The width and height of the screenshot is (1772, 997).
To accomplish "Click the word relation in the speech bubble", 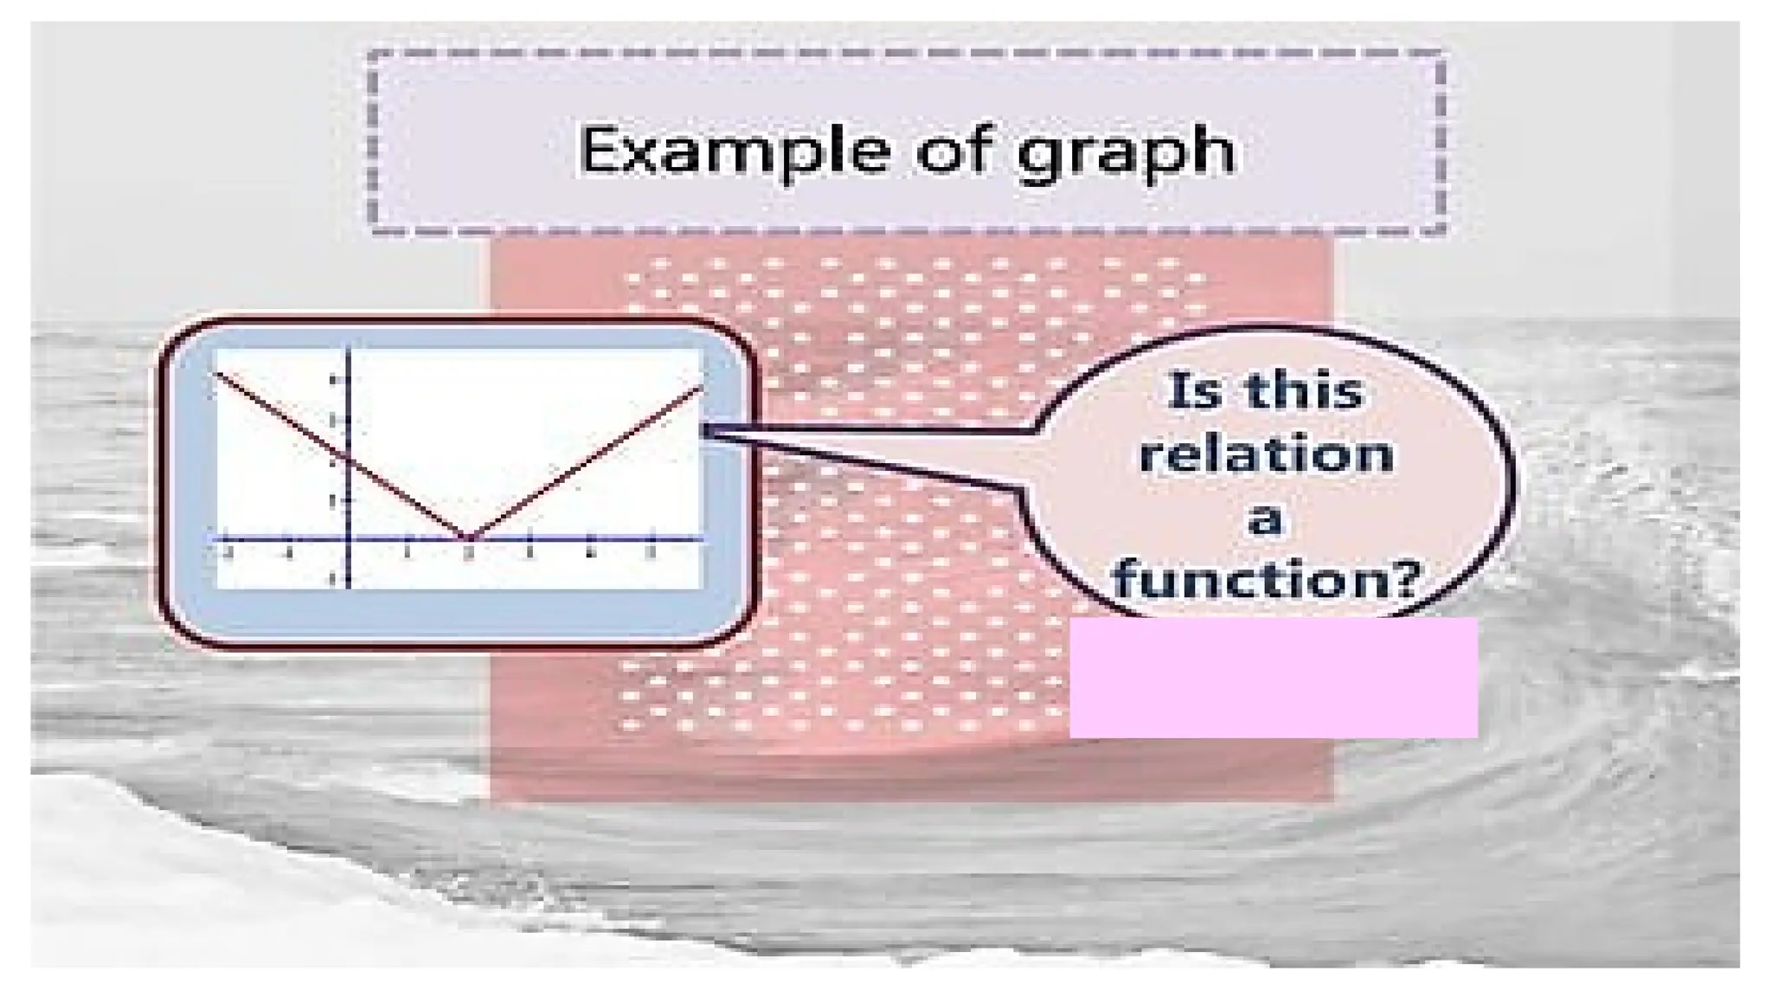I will coord(1266,454).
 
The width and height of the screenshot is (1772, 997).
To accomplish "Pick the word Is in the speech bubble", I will coord(1188,391).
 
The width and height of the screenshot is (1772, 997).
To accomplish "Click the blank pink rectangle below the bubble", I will coord(1273,677).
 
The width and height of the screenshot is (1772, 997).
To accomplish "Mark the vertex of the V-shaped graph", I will coord(469,537).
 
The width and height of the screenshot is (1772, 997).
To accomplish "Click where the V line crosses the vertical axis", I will coord(348,458).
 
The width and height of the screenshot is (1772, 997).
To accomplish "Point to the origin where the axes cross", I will coord(348,539).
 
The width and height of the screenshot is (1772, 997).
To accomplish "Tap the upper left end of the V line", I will coord(218,373).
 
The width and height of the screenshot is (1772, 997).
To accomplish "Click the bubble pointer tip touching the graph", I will coord(707,429).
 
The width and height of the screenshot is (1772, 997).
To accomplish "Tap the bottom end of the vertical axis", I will coord(348,587).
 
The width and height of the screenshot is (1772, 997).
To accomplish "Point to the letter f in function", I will coord(1128,578).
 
